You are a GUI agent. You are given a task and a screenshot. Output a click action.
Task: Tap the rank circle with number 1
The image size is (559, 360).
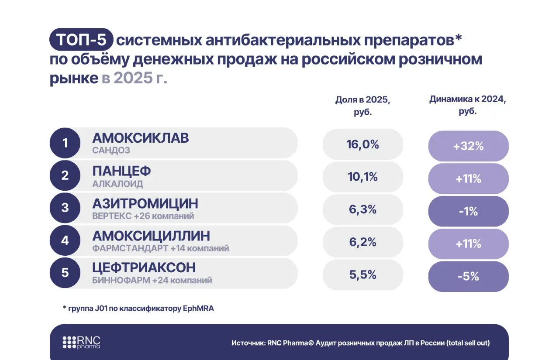coord(65,143)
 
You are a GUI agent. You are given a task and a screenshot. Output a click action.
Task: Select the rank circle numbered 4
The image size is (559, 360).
coord(65,240)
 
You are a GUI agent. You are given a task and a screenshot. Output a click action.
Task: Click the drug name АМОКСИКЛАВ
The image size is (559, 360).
coord(141,138)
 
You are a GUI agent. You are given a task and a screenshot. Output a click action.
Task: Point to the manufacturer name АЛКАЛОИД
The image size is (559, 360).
coord(117,184)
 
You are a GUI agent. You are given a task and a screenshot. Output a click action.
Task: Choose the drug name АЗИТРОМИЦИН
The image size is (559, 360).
coord(145,203)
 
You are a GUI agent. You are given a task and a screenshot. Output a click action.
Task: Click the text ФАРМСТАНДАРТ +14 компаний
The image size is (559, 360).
coord(160,249)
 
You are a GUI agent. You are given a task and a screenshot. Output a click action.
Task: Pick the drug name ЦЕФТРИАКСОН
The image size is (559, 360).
coord(144,267)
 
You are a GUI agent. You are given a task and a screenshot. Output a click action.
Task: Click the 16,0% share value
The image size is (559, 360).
coord(362,144)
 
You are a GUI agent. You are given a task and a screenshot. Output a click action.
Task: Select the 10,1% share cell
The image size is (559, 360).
coord(362,177)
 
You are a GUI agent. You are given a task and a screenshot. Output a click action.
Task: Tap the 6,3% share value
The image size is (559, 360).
coord(362,209)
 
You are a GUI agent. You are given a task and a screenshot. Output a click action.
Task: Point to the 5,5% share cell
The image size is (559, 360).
coord(362,275)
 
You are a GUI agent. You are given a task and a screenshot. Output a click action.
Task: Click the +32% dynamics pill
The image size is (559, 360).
coord(468,146)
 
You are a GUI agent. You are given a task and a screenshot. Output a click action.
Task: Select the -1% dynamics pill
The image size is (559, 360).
coord(468,212)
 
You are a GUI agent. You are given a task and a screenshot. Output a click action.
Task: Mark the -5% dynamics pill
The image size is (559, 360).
coord(468,276)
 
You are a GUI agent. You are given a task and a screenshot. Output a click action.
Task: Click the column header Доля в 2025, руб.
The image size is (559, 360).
coord(362,105)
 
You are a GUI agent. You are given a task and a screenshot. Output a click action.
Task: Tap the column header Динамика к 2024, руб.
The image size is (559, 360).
coord(468,105)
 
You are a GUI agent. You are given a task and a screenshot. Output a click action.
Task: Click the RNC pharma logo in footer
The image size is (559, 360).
coord(82,343)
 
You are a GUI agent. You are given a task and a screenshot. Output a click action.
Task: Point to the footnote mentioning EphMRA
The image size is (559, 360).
coord(138,309)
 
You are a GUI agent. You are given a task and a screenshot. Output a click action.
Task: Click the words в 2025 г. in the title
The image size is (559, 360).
coord(135,78)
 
